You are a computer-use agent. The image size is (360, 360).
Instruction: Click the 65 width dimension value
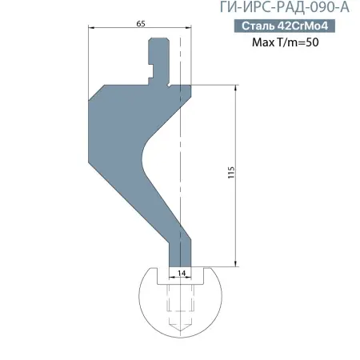(141, 24)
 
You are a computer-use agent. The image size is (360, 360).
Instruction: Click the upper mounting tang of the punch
(159, 58)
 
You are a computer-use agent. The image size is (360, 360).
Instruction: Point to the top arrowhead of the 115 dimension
(236, 88)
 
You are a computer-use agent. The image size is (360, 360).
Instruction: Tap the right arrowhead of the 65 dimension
(191, 30)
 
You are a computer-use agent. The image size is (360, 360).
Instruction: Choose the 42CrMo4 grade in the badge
(303, 26)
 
